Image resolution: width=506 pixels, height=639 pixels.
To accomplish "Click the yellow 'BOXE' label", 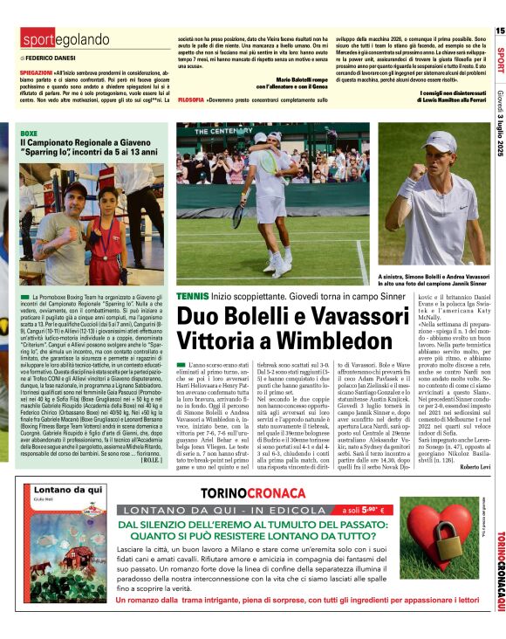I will click(x=29, y=131).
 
